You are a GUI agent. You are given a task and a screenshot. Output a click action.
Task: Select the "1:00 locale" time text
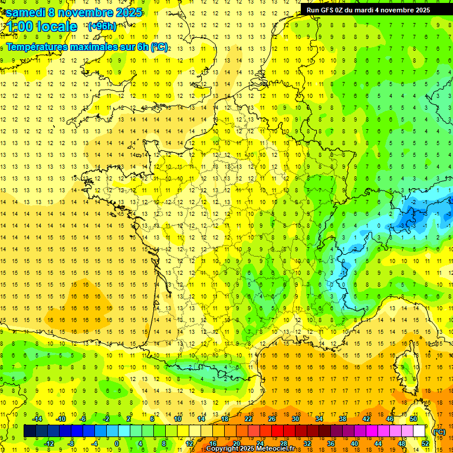click(x=41, y=27)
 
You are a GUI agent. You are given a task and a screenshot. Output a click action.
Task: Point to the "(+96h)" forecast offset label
click(x=101, y=27)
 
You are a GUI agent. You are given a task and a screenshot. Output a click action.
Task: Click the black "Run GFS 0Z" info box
click(x=368, y=10)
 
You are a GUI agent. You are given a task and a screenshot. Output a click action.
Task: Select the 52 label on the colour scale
click(x=425, y=443)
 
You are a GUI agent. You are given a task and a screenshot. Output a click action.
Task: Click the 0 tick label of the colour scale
click(x=116, y=443)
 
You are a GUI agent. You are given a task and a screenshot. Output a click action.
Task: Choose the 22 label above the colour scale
click(x=248, y=419)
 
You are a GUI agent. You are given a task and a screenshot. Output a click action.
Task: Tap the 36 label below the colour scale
click(x=330, y=443)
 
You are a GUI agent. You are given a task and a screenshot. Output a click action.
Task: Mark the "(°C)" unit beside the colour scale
click(x=439, y=431)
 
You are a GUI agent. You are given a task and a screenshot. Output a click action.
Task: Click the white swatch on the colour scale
click(x=419, y=431)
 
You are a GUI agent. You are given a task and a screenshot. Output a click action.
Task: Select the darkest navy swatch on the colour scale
click(x=29, y=431)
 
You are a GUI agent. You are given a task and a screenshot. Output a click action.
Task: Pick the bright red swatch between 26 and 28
click(x=278, y=431)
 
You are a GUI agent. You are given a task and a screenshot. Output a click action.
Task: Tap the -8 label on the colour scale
click(x=71, y=443)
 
